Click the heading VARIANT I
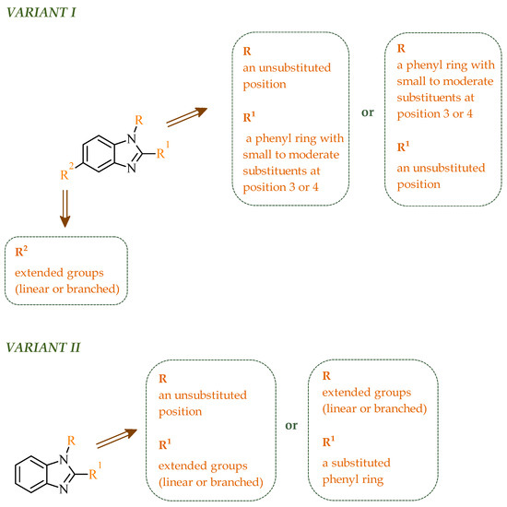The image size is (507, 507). (x=41, y=12)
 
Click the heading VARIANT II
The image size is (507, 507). (x=43, y=348)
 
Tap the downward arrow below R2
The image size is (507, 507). (x=65, y=208)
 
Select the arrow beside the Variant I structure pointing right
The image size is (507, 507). (x=186, y=117)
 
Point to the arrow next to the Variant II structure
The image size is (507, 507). (x=116, y=439)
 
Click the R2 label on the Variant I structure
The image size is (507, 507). (x=67, y=172)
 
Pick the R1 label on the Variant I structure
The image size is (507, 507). (x=163, y=150)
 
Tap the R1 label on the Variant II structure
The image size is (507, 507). (x=95, y=471)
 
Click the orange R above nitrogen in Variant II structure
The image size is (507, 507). (x=71, y=441)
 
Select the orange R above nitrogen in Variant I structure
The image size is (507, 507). (x=138, y=120)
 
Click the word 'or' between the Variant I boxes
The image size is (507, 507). (x=368, y=112)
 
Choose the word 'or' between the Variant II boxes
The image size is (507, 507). (x=291, y=425)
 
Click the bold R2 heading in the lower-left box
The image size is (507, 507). (x=21, y=251)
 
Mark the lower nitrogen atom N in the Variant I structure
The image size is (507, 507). (x=131, y=168)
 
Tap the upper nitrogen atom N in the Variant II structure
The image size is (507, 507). (x=64, y=459)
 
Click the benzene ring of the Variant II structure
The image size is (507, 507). (x=31, y=475)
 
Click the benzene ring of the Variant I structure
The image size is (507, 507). (x=99, y=154)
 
